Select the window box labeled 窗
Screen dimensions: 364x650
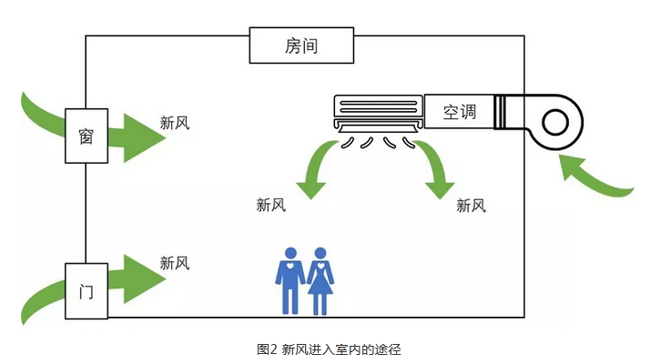(86, 136)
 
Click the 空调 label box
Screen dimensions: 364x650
(459, 112)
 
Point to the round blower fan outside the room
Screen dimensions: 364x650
(554, 121)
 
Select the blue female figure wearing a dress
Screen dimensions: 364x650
(321, 279)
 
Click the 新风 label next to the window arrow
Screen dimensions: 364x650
(174, 123)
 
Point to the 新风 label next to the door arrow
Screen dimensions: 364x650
(174, 263)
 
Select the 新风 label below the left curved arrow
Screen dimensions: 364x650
(271, 205)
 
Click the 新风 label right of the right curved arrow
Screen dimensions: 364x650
(471, 205)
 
